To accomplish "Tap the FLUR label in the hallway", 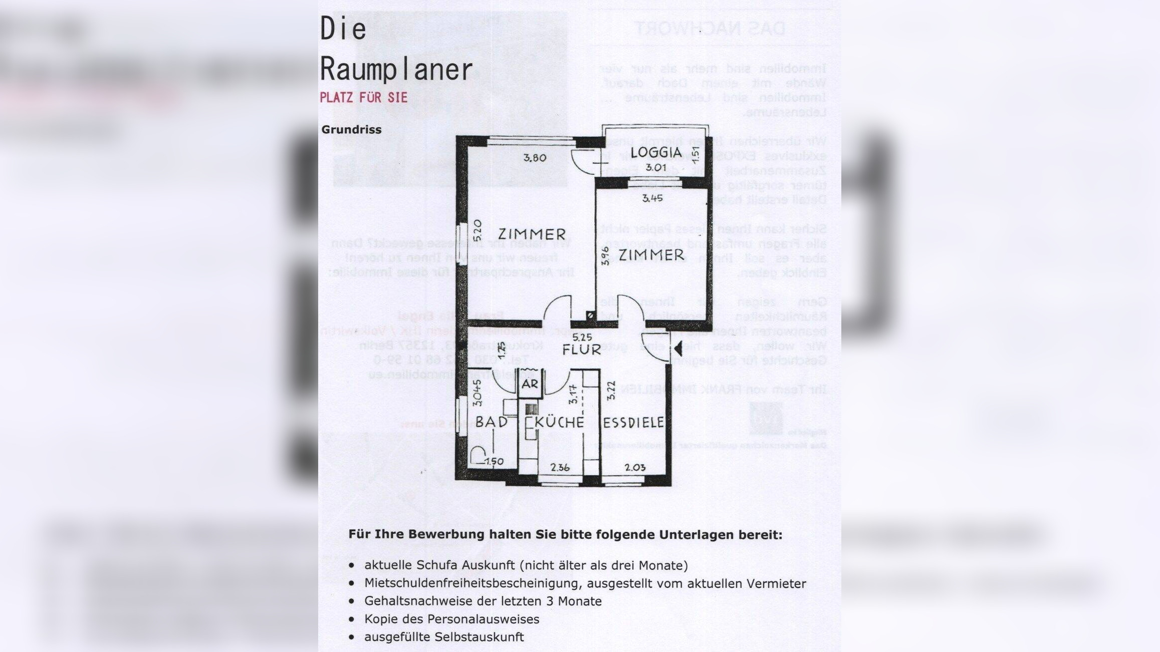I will point(581,350).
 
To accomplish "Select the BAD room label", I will point(492,422).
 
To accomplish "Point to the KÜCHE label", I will point(560,422).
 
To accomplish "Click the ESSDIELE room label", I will point(633,423).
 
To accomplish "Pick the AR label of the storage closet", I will point(530,384).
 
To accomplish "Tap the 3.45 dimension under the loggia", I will point(652,198).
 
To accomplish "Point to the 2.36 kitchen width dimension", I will point(560,468).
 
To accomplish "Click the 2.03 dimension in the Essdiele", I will point(635,468).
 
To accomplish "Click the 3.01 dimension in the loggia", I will point(655,167).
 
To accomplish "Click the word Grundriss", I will point(351,130).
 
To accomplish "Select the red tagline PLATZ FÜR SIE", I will point(364,97).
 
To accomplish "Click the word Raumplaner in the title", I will point(396,69).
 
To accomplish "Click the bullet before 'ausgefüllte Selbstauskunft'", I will point(352,637).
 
